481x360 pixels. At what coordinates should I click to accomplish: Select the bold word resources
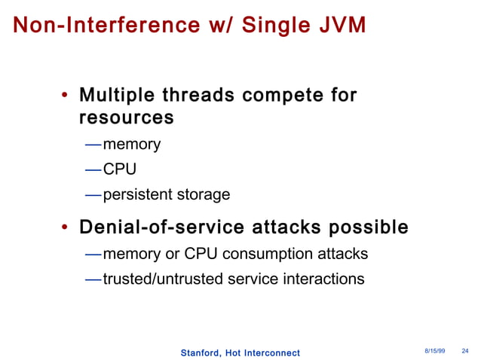126,118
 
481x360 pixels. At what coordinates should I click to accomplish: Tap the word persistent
137,194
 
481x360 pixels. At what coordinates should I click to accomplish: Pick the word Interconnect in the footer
271,353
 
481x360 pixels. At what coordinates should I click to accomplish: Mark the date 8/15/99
434,352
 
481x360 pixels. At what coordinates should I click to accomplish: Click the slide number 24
464,352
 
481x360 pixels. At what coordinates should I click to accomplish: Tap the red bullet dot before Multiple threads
66,96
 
